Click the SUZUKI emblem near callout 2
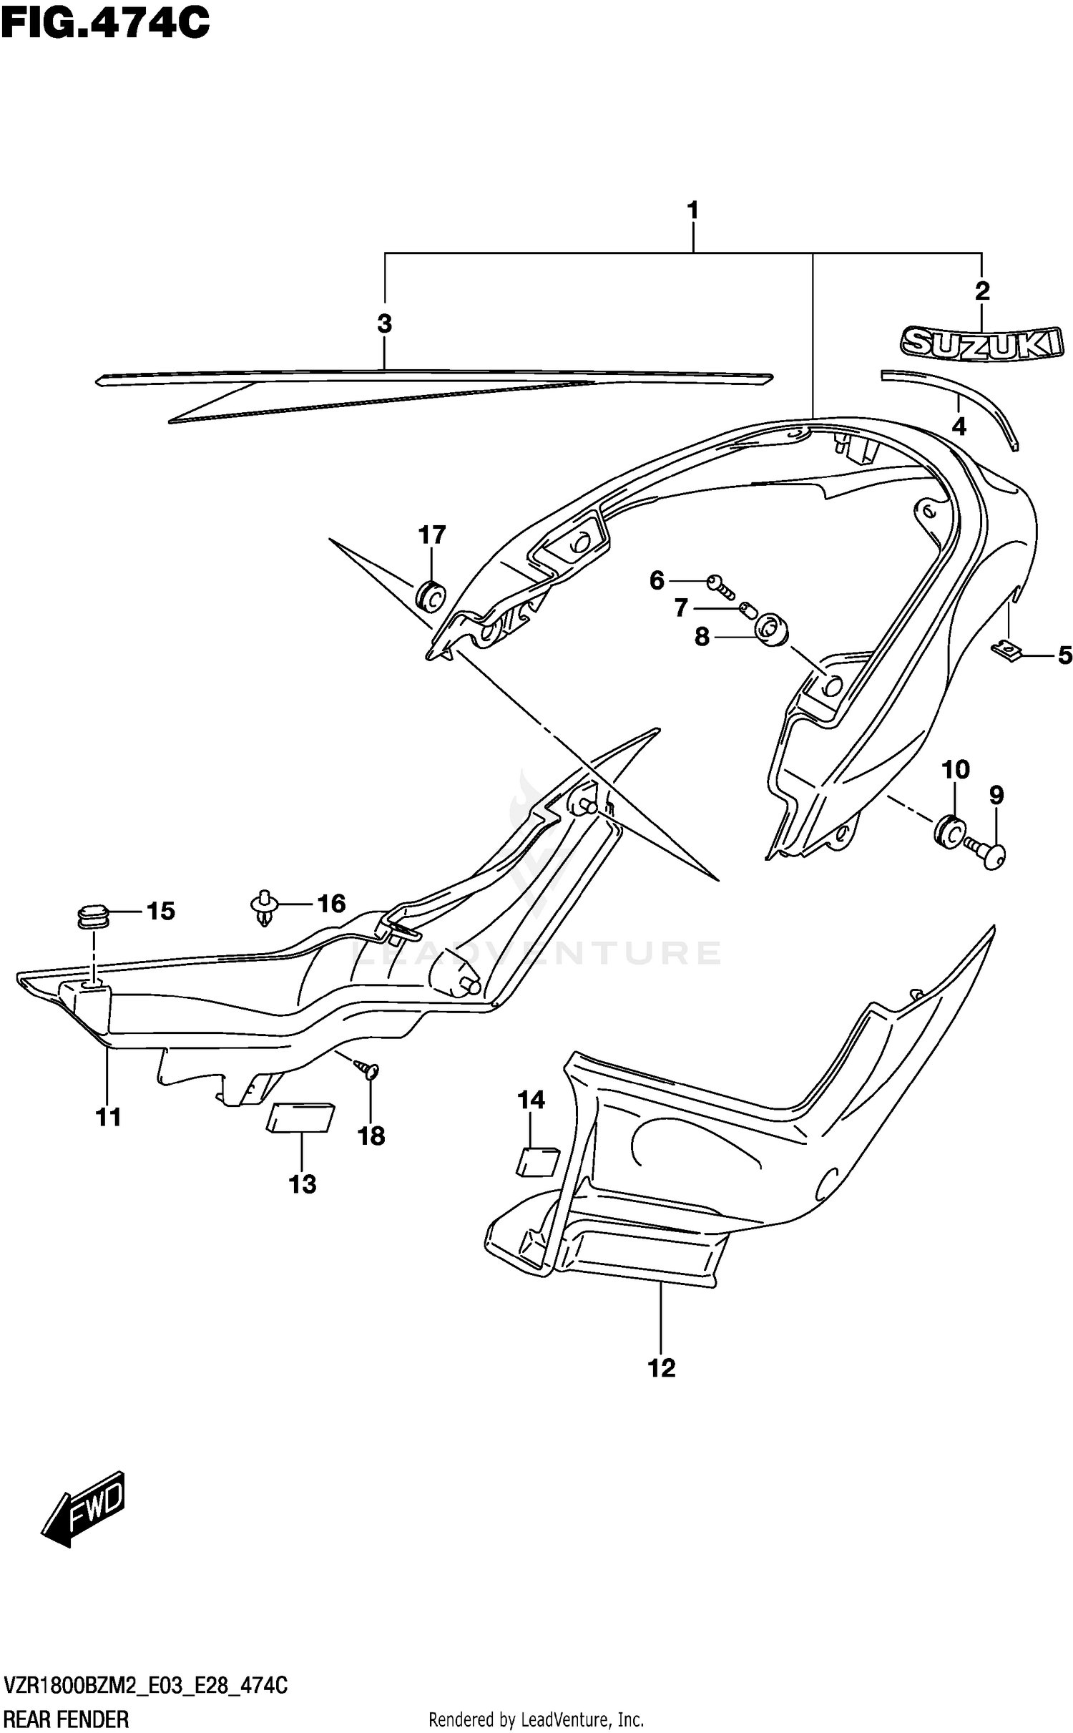981,342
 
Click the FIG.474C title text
105,23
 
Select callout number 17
432,534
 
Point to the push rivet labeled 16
265,907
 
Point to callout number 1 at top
692,211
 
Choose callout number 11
109,1116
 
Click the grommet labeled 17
430,595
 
